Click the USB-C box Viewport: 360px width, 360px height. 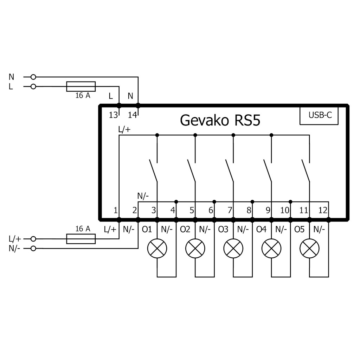(x=319, y=115)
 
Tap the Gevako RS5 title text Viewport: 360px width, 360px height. (x=220, y=120)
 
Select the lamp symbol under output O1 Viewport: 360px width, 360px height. (x=157, y=248)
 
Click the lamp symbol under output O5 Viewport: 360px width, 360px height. (x=309, y=248)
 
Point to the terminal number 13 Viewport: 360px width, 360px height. (x=113, y=115)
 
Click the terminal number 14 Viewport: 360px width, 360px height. (x=132, y=115)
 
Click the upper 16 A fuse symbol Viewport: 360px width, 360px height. (x=81, y=86)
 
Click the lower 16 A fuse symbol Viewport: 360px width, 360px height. (x=81, y=239)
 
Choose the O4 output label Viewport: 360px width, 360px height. (x=261, y=230)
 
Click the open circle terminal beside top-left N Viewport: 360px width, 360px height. (x=33, y=77)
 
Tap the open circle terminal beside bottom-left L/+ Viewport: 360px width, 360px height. (x=33, y=239)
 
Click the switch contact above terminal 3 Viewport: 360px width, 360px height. (x=153, y=171)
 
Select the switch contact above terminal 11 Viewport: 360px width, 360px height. (x=306, y=171)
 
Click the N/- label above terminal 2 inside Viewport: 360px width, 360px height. (x=143, y=195)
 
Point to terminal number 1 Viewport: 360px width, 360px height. (x=115, y=211)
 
